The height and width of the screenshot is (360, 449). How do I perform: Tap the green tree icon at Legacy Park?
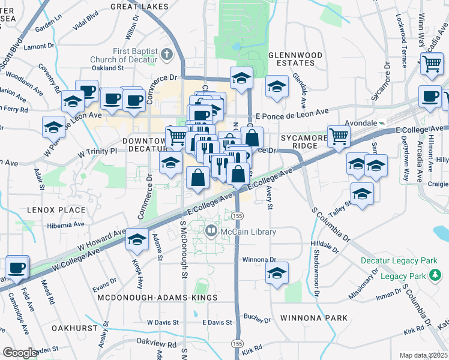coord(435,275)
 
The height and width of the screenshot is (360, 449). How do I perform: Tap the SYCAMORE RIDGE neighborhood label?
coord(302,142)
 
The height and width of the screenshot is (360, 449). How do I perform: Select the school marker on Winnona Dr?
coord(277,272)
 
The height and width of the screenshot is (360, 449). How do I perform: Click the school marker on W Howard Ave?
coord(137,239)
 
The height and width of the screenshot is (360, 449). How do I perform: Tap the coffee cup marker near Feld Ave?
coord(16,267)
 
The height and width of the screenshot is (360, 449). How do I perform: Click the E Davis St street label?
coord(217,323)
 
